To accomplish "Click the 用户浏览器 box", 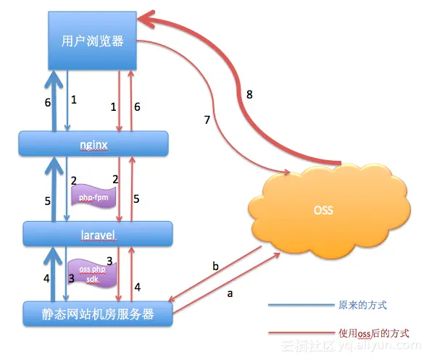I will tap(93, 41).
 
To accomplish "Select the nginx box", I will tap(93, 143).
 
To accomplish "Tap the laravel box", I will tap(98, 234).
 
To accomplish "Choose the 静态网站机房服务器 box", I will tap(97, 314).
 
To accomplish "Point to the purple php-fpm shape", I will tap(94, 196).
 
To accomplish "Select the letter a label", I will tap(230, 294).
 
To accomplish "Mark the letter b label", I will tap(214, 266).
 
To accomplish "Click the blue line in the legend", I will tap(299, 306).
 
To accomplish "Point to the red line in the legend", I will tap(299, 333).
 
